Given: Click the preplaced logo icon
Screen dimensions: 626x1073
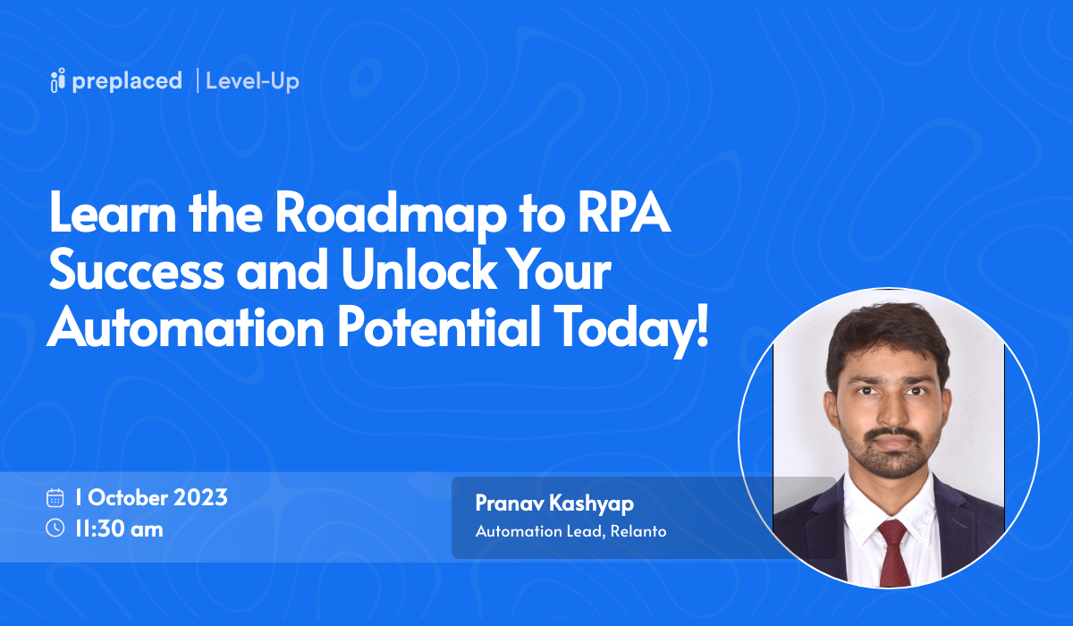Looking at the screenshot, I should (x=58, y=80).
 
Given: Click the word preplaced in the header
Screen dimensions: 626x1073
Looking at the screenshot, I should (x=127, y=80).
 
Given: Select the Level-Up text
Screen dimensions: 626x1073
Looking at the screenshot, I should (x=252, y=80).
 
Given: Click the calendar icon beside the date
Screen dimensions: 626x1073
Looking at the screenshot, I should (x=55, y=497).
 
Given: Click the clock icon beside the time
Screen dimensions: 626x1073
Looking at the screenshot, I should (x=55, y=529).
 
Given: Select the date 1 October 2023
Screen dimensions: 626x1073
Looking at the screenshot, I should (x=151, y=497).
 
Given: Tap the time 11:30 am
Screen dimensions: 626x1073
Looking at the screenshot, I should (x=119, y=529).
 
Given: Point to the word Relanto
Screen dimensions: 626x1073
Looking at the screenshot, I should (x=638, y=531).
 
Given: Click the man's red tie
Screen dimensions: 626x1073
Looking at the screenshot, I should (x=891, y=550).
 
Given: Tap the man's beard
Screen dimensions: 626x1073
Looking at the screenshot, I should (x=887, y=456).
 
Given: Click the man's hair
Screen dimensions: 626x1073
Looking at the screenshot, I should (x=885, y=335).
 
